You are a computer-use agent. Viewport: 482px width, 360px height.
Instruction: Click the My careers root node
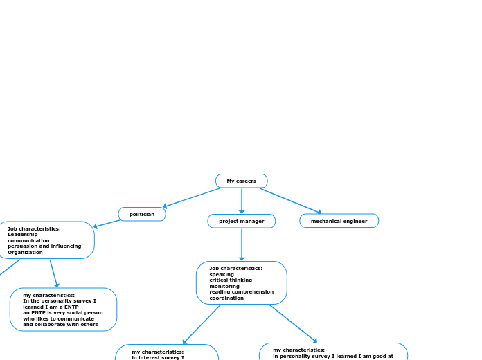point(241,181)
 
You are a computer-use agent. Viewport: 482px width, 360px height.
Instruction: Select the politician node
point(142,214)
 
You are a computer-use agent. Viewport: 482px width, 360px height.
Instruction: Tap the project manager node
point(241,221)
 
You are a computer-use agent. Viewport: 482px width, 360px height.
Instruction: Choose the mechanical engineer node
point(339,221)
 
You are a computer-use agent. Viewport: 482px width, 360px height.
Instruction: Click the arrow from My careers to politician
point(191,198)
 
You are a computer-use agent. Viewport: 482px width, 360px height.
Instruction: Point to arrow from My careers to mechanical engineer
point(291,201)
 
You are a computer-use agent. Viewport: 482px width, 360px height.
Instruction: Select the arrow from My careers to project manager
point(242,201)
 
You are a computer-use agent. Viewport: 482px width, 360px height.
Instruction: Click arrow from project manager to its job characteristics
point(242,244)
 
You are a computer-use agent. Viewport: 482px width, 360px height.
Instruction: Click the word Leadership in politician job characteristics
point(23,234)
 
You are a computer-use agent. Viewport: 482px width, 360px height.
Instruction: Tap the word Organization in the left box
point(25,252)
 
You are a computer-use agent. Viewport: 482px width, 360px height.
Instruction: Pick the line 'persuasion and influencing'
point(44,246)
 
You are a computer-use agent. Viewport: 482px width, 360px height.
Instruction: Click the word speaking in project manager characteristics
point(222,274)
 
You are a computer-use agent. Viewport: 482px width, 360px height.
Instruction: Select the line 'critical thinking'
point(231,280)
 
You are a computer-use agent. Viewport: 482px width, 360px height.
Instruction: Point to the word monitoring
point(224,286)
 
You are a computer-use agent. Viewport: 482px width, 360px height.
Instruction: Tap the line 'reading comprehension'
point(241,292)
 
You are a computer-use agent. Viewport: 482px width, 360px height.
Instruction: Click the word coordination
point(226,298)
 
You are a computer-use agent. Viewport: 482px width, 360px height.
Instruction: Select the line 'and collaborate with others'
point(60,324)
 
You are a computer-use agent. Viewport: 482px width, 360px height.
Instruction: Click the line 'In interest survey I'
point(158,357)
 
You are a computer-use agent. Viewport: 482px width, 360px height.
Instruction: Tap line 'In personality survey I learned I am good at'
point(332,356)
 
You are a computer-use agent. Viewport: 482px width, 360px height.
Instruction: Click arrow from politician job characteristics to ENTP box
point(53,273)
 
